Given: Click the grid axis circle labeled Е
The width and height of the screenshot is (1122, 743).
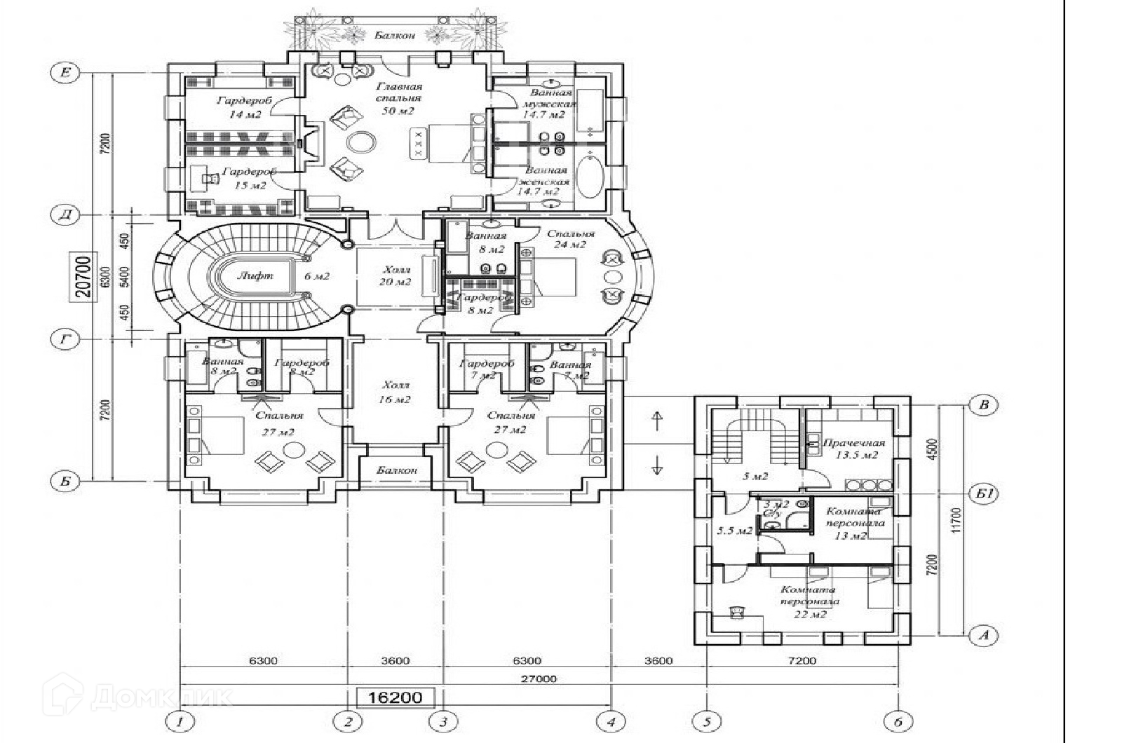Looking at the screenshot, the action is point(66,73).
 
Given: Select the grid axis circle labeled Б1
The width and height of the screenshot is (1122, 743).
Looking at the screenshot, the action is point(985,494).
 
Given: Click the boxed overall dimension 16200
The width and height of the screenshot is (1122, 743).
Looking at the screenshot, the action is point(396,697).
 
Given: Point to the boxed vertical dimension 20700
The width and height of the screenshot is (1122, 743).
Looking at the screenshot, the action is point(83,277).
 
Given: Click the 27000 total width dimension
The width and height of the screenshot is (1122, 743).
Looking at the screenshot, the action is point(539,679).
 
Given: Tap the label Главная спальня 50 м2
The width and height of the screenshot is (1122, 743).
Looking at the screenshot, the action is point(398,98).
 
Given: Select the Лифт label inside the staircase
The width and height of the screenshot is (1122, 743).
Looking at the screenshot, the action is point(255,275).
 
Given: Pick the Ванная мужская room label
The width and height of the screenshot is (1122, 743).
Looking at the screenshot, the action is point(550,103).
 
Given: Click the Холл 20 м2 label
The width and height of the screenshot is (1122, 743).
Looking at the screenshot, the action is point(396,275).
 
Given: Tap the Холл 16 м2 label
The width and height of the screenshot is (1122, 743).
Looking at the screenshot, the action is point(395,393).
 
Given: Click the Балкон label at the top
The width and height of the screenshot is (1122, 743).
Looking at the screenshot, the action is point(395,35).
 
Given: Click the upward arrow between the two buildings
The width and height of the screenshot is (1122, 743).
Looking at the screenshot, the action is point(657,421).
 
